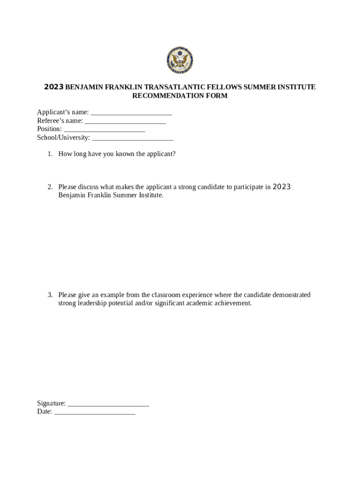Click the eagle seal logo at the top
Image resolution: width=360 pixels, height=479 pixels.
tap(180, 61)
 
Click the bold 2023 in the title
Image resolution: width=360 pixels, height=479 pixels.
tap(53, 87)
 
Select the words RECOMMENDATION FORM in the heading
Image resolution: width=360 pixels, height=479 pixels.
tap(180, 96)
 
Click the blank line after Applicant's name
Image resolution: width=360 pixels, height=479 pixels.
tap(131, 113)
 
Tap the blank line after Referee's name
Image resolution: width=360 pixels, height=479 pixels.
tap(125, 121)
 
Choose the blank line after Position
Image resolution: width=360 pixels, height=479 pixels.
tap(104, 130)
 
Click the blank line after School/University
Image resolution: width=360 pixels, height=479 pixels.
tap(133, 138)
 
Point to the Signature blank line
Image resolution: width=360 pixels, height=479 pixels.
tap(108, 404)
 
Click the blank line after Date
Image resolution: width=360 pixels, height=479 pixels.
tap(95, 412)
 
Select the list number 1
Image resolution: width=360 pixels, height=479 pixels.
tap(50, 154)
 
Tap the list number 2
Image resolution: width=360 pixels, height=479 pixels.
tap(50, 187)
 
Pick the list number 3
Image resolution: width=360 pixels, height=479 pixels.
tap(50, 295)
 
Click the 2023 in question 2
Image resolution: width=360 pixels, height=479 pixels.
tap(281, 187)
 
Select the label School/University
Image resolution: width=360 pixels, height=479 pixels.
tap(63, 138)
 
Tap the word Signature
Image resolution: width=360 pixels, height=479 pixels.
tap(51, 404)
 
